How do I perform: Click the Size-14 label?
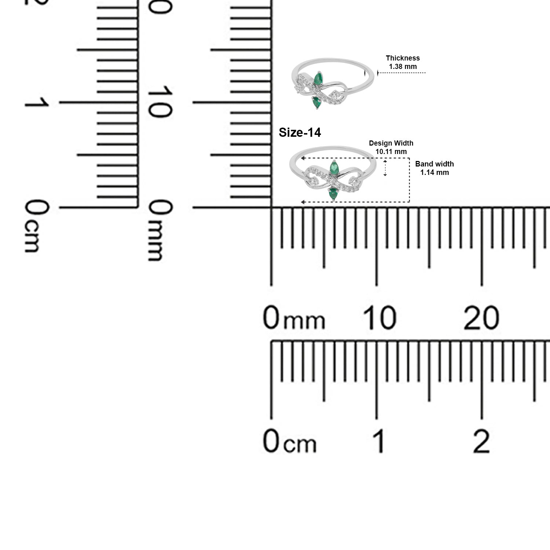coord(300,132)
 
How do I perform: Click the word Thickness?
coord(403,58)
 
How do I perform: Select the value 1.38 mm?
coord(403,67)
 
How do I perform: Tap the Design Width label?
coord(391,143)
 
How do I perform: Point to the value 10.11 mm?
coord(391,151)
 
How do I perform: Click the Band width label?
coord(434,164)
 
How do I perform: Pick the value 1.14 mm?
coord(434,172)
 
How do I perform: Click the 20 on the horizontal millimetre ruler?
coord(481,318)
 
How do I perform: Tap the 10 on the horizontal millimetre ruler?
coord(379,318)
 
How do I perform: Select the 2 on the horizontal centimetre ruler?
coord(481,441)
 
